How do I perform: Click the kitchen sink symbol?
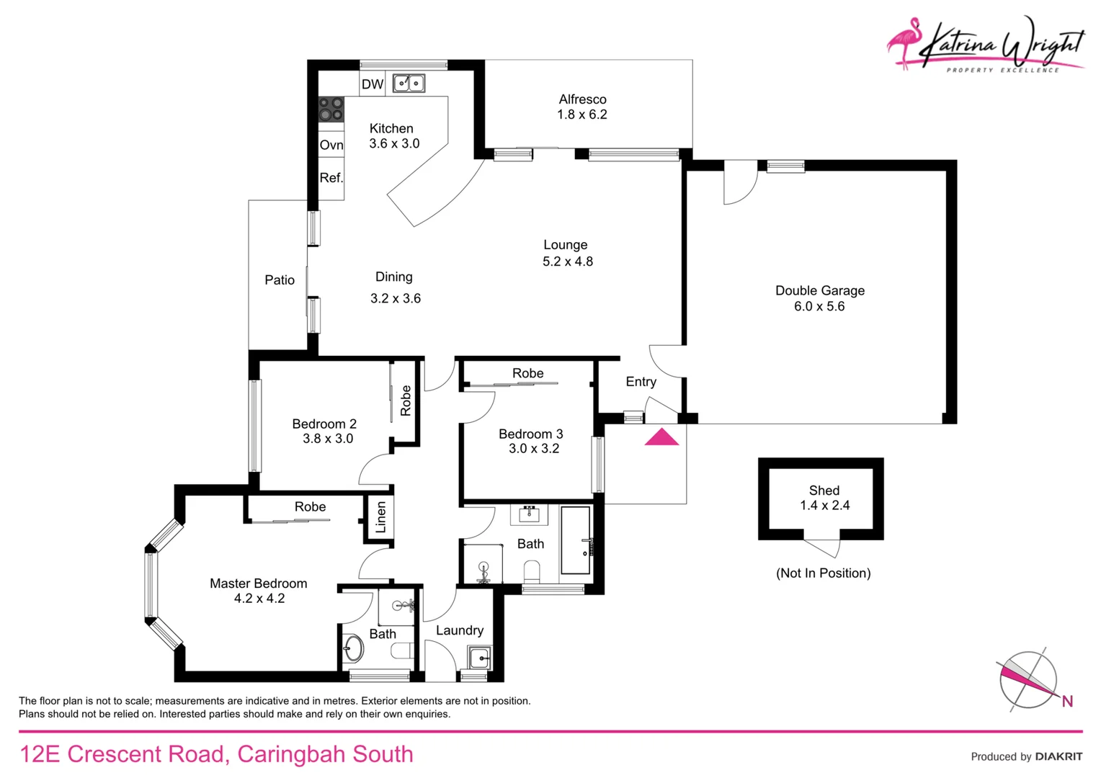[x=409, y=84]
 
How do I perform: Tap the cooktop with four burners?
[x=331, y=109]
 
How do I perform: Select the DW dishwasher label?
[x=373, y=84]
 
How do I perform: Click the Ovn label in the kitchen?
[x=331, y=145]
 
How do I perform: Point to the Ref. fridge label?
[x=331, y=178]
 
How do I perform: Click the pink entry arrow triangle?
[x=661, y=437]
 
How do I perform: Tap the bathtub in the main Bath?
[x=576, y=540]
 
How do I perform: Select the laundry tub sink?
[x=479, y=658]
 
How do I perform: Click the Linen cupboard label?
[x=381, y=517]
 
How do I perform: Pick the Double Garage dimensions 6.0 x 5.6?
[x=819, y=306]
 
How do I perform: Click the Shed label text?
[x=824, y=491]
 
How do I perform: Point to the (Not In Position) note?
[x=823, y=573]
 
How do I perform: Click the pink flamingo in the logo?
[x=905, y=42]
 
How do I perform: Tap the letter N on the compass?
[x=1067, y=701]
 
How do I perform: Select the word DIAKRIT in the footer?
[x=1058, y=756]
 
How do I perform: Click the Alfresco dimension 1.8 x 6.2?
[x=582, y=115]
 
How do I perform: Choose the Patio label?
[x=280, y=280]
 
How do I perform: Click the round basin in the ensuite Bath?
[x=353, y=648]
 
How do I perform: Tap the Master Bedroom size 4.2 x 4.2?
[x=259, y=599]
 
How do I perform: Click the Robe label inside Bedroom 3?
[x=527, y=373]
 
